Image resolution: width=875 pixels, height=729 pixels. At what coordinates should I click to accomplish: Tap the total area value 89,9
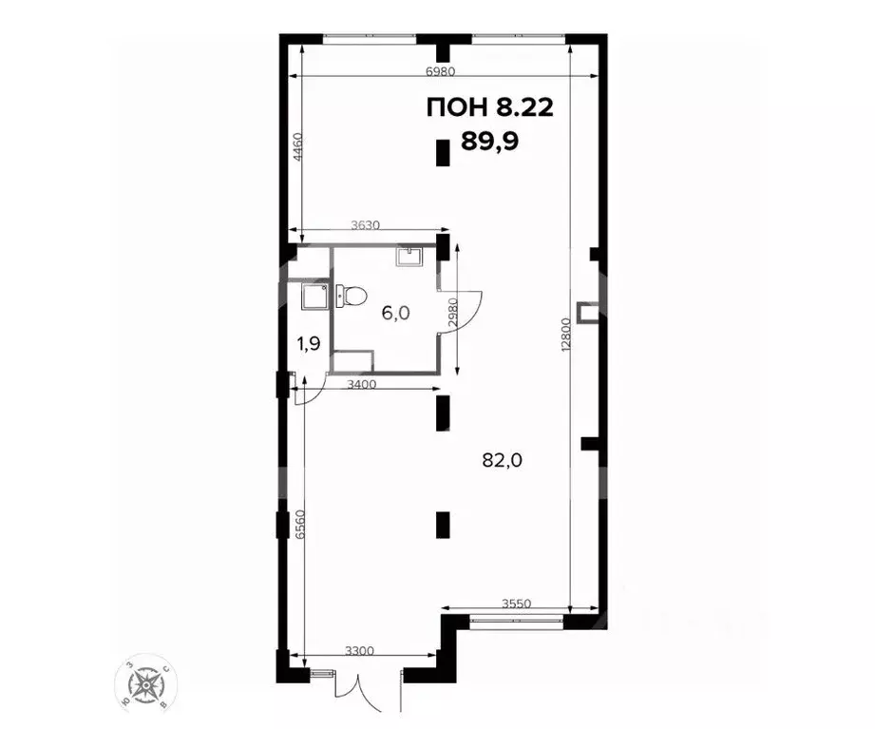tap(490, 141)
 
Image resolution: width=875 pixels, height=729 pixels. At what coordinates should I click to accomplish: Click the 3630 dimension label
tap(366, 225)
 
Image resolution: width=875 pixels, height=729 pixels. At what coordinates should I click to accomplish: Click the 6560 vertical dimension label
tap(299, 525)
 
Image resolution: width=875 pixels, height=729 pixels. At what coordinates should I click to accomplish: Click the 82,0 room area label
tap(504, 460)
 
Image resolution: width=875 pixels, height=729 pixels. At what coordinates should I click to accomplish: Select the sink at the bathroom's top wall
tap(409, 257)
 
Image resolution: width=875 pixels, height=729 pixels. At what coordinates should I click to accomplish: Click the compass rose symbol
tap(147, 682)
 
